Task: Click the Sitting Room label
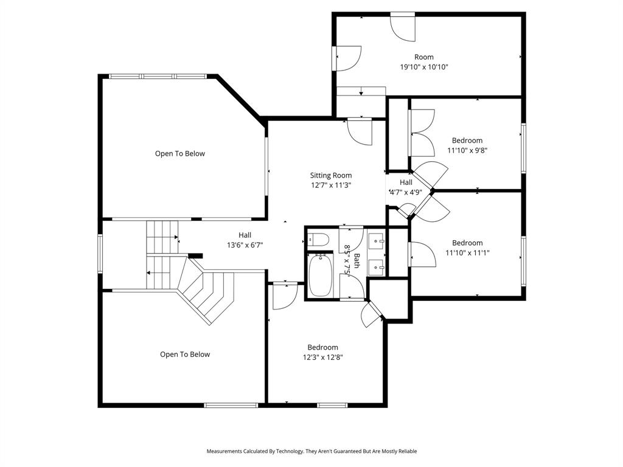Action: pyautogui.click(x=330, y=175)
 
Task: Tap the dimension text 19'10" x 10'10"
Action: pyautogui.click(x=423, y=67)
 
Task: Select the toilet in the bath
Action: pyautogui.click(x=318, y=238)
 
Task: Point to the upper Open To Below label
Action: pyautogui.click(x=179, y=154)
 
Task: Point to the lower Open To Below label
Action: pyautogui.click(x=184, y=355)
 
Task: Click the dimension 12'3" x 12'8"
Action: pyautogui.click(x=322, y=358)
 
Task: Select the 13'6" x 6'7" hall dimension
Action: pyautogui.click(x=245, y=245)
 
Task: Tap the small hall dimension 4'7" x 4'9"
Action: pyautogui.click(x=406, y=192)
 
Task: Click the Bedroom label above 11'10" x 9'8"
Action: pyautogui.click(x=467, y=140)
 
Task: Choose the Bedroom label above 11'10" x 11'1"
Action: pyautogui.click(x=467, y=243)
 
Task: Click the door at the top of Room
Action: pyautogui.click(x=402, y=26)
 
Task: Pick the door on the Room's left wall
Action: pyautogui.click(x=347, y=58)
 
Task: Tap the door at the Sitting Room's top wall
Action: pyautogui.click(x=359, y=130)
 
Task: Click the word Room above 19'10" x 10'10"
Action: pyautogui.click(x=423, y=57)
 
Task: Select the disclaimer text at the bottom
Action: pyautogui.click(x=311, y=451)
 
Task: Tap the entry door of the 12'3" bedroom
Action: pyautogui.click(x=284, y=296)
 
